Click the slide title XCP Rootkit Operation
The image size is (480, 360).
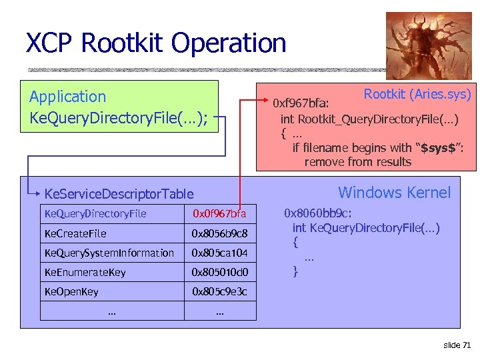[156, 43]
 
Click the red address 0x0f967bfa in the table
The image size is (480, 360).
[219, 214]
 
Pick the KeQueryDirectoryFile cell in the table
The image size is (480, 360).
[95, 214]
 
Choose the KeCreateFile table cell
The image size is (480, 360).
[75, 233]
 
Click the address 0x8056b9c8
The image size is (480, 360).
[219, 233]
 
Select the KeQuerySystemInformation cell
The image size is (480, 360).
[109, 253]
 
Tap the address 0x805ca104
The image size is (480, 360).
[219, 253]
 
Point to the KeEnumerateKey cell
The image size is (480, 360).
[85, 272]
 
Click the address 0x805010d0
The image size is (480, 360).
[219, 272]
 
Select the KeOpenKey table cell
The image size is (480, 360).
[71, 291]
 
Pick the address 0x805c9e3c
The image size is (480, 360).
[219, 291]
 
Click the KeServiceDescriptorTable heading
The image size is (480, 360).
[119, 194]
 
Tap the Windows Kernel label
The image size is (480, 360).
[394, 193]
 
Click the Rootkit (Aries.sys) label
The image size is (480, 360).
[417, 94]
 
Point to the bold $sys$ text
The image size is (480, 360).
[439, 147]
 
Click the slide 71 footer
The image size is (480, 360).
[457, 344]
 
